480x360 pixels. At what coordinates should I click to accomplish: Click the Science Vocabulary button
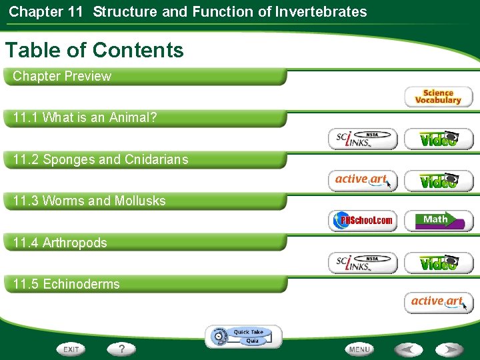click(438, 97)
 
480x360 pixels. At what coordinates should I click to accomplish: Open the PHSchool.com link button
click(363, 221)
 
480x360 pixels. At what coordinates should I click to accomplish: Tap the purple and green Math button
click(438, 221)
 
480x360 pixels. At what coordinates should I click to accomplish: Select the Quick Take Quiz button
click(244, 336)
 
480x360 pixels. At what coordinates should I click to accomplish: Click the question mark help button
click(122, 349)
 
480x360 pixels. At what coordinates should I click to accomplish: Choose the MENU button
click(359, 349)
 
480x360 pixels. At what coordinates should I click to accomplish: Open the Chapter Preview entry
click(62, 76)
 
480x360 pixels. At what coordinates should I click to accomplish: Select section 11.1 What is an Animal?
click(85, 118)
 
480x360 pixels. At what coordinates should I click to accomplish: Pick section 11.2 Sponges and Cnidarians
click(100, 159)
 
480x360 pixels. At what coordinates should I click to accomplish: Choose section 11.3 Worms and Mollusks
click(89, 201)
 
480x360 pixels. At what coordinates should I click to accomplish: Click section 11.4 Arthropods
click(60, 243)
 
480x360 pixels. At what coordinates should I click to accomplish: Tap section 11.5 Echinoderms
click(67, 284)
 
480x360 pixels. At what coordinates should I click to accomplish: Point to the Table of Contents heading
click(94, 50)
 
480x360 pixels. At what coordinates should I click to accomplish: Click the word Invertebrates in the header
click(322, 11)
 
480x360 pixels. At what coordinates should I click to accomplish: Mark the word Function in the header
click(217, 11)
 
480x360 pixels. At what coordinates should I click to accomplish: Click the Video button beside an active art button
click(438, 180)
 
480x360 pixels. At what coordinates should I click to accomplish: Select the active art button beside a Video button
click(363, 180)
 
